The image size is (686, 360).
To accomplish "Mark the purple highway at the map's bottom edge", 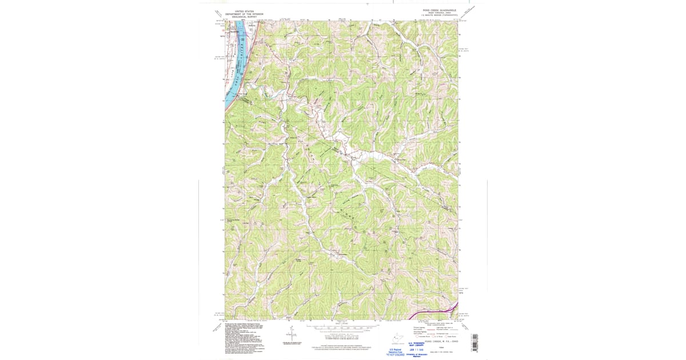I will click(434, 313).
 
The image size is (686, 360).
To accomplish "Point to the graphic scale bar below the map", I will click(341, 328).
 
